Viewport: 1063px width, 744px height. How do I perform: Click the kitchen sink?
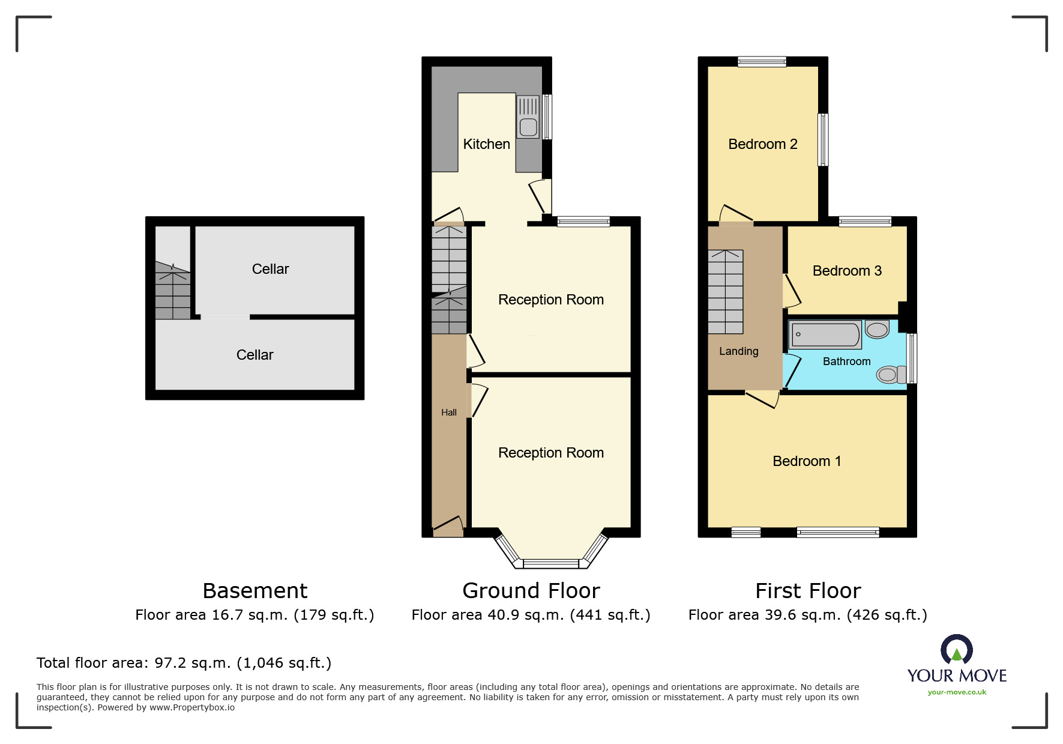pyautogui.click(x=528, y=117)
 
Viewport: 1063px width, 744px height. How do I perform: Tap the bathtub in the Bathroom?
pyautogui.click(x=825, y=335)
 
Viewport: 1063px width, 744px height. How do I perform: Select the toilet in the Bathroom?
pyautogui.click(x=891, y=375)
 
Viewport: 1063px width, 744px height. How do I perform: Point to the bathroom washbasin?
pyautogui.click(x=877, y=330)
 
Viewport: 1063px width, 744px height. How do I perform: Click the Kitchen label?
pyautogui.click(x=486, y=144)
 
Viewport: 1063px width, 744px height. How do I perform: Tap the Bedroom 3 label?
pyautogui.click(x=847, y=271)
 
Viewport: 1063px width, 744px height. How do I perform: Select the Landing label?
pyautogui.click(x=739, y=351)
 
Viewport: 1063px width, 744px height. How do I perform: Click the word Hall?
pyautogui.click(x=449, y=413)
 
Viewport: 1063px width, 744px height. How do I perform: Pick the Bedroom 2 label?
pyautogui.click(x=763, y=144)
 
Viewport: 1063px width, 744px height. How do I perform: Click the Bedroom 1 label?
pyautogui.click(x=807, y=461)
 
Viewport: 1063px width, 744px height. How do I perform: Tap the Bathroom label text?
pyautogui.click(x=846, y=361)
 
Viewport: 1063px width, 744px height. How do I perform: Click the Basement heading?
pyautogui.click(x=255, y=591)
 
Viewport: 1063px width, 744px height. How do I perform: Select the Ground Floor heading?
pyautogui.click(x=531, y=591)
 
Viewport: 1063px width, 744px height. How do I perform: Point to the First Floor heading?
pyautogui.click(x=808, y=591)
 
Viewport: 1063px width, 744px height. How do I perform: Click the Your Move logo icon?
pyautogui.click(x=957, y=650)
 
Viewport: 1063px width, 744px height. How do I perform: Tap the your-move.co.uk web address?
pyautogui.click(x=957, y=692)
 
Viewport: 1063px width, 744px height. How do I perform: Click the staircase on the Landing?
pyautogui.click(x=726, y=292)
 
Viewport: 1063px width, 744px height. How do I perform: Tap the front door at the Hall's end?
pyautogui.click(x=448, y=527)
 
